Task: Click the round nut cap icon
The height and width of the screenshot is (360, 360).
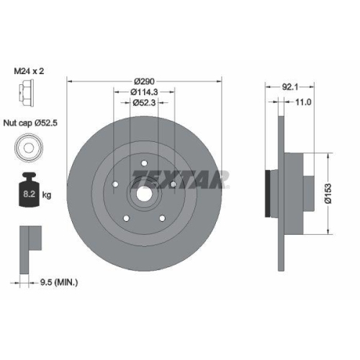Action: pyautogui.click(x=25, y=149)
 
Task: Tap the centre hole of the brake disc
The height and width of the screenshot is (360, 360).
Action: pyautogui.click(x=143, y=192)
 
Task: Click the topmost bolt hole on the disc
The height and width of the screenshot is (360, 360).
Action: pyautogui.click(x=143, y=161)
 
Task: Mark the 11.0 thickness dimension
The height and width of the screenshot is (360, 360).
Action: pyautogui.click(x=302, y=103)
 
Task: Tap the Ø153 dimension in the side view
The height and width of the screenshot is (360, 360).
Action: pyautogui.click(x=328, y=192)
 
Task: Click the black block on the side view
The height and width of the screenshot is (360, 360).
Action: pyautogui.click(x=270, y=192)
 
